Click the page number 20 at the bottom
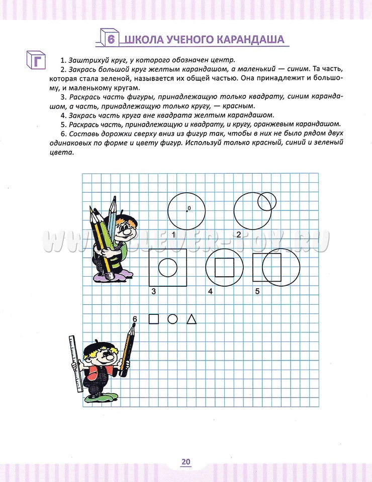pyautogui.click(x=186, y=462)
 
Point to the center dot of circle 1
pyautogui.click(x=187, y=211)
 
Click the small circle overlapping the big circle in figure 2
pyautogui.click(x=266, y=202)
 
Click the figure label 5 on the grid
pyautogui.click(x=257, y=291)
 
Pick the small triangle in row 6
pyautogui.click(x=191, y=319)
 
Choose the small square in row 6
pyautogui.click(x=154, y=319)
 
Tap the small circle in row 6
pyautogui.click(x=172, y=319)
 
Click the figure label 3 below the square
pyautogui.click(x=154, y=291)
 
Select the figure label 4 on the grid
pyautogui.click(x=210, y=291)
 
